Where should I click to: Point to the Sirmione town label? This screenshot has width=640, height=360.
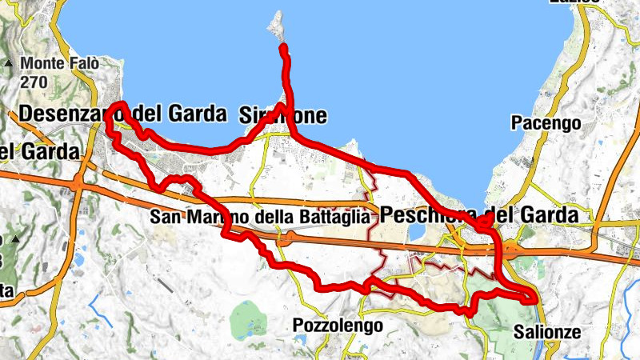tap(283, 116)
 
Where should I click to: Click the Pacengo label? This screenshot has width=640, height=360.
tap(545, 122)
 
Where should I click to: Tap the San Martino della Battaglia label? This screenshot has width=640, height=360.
tap(261, 217)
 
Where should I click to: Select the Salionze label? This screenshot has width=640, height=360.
tap(546, 330)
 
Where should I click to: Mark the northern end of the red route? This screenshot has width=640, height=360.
tap(283, 50)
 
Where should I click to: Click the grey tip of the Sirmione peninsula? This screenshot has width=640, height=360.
tap(277, 24)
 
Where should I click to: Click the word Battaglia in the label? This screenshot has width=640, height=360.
tap(335, 217)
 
